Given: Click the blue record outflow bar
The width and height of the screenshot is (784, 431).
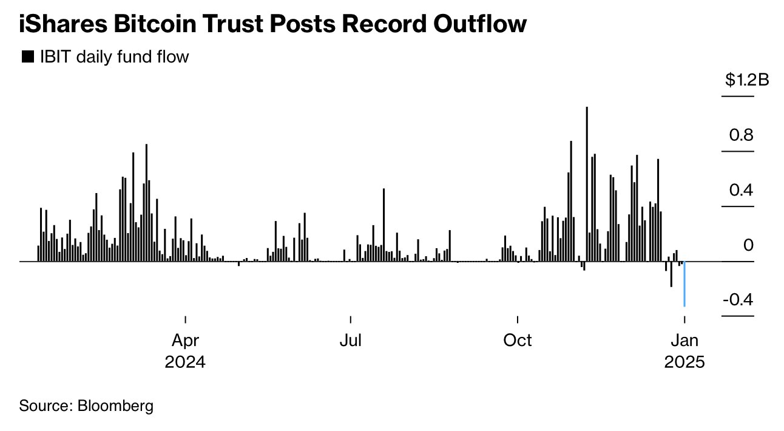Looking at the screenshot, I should [x=684, y=284].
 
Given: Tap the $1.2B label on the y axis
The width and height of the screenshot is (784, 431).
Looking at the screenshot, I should [x=746, y=80].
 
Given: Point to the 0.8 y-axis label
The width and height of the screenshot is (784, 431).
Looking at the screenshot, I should [x=741, y=135].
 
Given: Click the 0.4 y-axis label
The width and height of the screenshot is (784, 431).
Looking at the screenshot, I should [x=741, y=190].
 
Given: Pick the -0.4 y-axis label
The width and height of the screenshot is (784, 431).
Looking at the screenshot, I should [x=737, y=300].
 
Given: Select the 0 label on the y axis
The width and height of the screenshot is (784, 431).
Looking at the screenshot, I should [x=748, y=245].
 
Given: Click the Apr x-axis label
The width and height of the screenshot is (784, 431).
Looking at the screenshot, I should [x=185, y=340].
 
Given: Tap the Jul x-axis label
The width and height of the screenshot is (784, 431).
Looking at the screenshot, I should [x=350, y=340].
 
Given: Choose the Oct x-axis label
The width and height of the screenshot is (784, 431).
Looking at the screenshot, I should [x=517, y=340].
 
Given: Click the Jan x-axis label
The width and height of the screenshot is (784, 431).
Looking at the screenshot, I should [x=684, y=340].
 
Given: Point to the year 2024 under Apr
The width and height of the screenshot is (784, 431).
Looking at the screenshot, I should [x=185, y=362].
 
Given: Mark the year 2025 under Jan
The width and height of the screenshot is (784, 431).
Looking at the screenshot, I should [x=684, y=362].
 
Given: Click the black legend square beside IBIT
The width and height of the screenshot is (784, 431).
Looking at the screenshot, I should [x=27, y=57].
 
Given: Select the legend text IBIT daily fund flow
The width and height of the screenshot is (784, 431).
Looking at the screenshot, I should [x=114, y=57].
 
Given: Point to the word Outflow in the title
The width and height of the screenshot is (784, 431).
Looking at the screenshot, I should [x=476, y=24].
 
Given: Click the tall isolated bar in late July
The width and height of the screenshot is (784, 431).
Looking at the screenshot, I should [x=384, y=225].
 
